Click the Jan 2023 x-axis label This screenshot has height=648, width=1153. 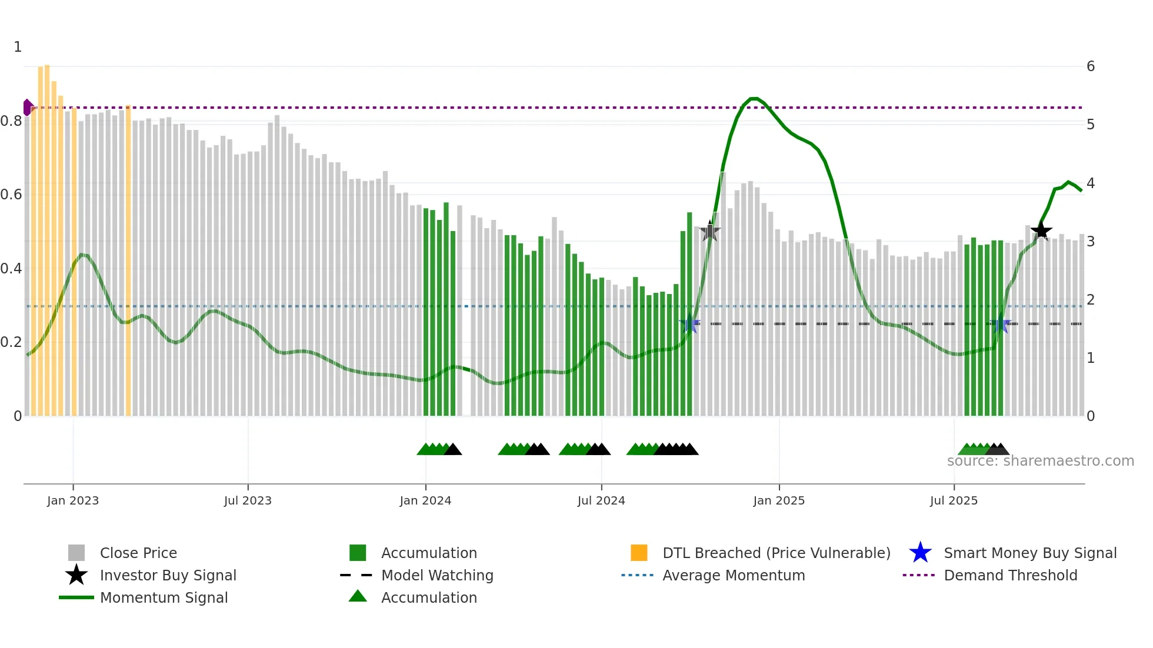[x=73, y=500]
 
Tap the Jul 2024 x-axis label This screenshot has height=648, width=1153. [x=601, y=500]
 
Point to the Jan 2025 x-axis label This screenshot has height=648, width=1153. [x=779, y=500]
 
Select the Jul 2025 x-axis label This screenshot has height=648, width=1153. [x=954, y=500]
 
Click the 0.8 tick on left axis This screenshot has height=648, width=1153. [x=11, y=121]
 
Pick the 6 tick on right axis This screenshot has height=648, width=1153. [x=1091, y=66]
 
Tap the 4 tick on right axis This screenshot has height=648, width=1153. [x=1091, y=183]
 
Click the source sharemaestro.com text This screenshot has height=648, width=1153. [x=1040, y=461]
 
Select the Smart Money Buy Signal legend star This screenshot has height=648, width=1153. [x=920, y=553]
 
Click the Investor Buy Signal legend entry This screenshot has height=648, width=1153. [x=168, y=575]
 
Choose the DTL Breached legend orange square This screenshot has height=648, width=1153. [x=639, y=553]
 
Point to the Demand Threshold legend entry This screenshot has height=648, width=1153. [x=1010, y=575]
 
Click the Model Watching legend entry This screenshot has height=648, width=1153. [x=436, y=575]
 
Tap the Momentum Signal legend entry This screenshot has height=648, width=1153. [x=164, y=597]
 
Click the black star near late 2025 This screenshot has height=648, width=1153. [x=1041, y=231]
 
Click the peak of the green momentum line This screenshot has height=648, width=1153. [x=754, y=98]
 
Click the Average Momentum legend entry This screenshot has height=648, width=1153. [x=733, y=575]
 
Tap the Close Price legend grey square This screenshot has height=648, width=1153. [x=76, y=553]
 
